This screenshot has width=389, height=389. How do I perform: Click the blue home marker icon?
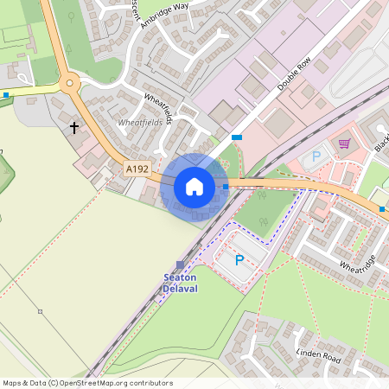[x=194, y=186]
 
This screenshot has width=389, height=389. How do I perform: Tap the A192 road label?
[x=136, y=169]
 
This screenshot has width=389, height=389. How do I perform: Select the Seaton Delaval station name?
[x=181, y=283]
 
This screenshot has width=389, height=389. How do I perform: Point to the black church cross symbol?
[x=74, y=128]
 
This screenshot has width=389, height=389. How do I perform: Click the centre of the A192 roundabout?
[x=70, y=84]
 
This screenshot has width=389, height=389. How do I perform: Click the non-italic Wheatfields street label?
[x=159, y=107]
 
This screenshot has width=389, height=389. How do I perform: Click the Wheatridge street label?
[x=359, y=256]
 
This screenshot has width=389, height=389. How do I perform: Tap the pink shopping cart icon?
[x=344, y=143]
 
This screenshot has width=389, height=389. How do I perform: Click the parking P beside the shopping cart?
[x=316, y=156]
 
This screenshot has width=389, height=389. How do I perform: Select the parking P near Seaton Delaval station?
[x=239, y=259]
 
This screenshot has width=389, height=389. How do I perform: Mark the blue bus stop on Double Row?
[x=236, y=137]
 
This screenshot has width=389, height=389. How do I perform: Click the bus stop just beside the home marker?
[x=226, y=186]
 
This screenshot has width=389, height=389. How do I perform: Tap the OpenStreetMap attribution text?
[x=87, y=383]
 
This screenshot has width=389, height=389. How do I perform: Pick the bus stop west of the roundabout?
[x=6, y=94]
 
